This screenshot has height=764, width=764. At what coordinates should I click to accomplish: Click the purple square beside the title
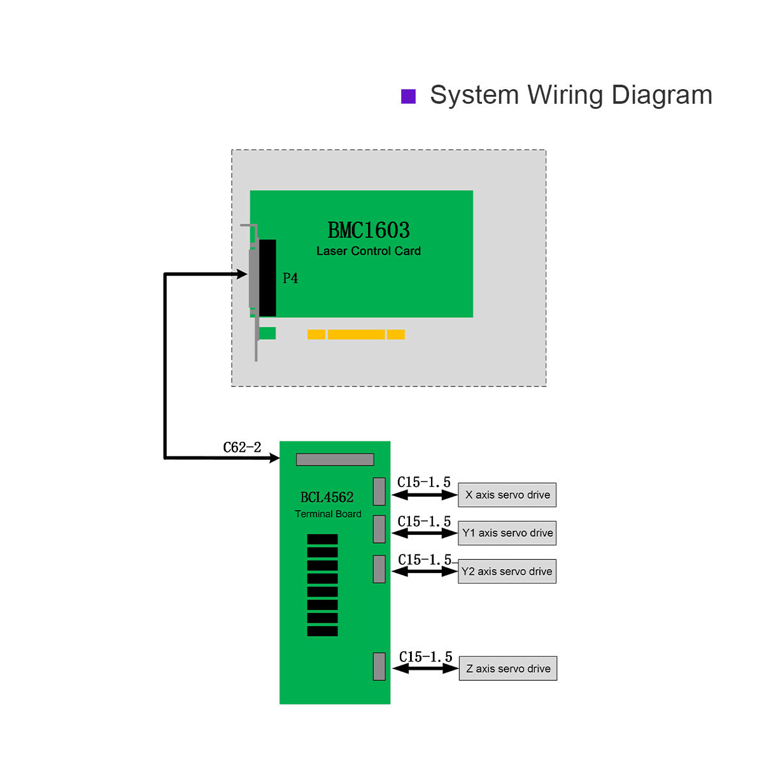pos(408,96)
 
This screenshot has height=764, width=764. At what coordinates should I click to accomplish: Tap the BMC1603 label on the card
pos(369,230)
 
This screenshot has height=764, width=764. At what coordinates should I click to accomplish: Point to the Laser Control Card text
pos(369,251)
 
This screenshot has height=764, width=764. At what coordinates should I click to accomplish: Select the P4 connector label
pos(290,278)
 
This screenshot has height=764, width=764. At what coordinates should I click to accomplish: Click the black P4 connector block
pos(267,278)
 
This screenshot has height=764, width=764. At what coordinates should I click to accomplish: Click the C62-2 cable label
pos(242,448)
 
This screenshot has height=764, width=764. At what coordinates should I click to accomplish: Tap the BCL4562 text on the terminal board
pos(327,497)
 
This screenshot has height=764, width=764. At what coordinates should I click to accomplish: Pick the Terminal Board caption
pos(328,514)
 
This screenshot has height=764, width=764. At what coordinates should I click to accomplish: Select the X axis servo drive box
pos(507,495)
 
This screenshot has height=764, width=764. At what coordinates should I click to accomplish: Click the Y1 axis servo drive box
pos(507,533)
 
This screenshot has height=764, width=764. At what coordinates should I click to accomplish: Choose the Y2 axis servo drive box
pos(507,571)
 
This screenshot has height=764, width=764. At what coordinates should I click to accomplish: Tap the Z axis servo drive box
pos(507,668)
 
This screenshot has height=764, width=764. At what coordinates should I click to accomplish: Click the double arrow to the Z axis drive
pos(425,668)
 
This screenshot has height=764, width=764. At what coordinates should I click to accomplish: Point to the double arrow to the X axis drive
pos(425,495)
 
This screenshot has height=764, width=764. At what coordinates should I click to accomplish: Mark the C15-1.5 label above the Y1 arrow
pos(424,521)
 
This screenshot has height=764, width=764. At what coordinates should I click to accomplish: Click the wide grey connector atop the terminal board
pos(335,459)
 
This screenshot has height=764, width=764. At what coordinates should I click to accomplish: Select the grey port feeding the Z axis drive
pos(379,666)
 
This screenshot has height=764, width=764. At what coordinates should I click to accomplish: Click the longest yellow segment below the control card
pos(356,334)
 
